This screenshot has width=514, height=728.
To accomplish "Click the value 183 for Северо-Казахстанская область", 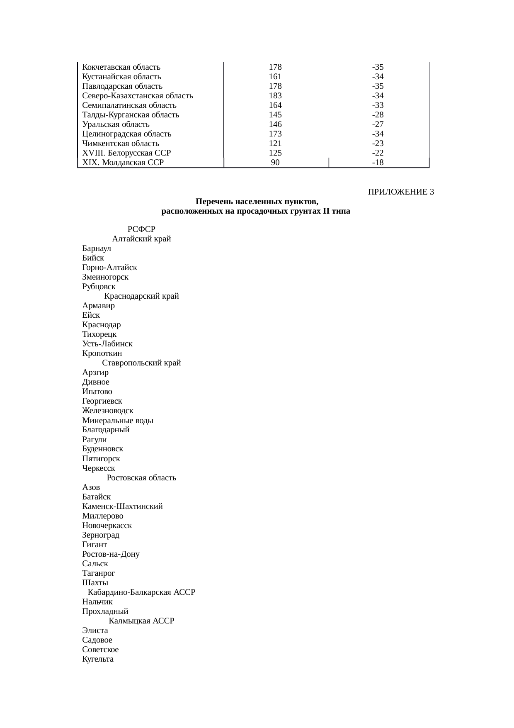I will click(x=275, y=96).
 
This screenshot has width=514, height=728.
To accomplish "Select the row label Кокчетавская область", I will click(x=121, y=67).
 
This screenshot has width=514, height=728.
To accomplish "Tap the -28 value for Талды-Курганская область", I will click(x=378, y=115).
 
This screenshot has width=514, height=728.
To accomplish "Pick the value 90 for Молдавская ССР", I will click(x=275, y=163).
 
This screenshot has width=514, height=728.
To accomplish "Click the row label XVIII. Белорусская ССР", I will click(x=126, y=153).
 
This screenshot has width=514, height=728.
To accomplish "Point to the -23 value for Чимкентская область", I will click(x=378, y=144).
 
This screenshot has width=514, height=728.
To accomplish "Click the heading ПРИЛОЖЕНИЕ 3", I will click(x=400, y=192).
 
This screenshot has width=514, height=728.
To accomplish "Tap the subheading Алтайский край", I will click(x=141, y=239).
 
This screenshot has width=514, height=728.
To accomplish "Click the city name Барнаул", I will click(x=97, y=249).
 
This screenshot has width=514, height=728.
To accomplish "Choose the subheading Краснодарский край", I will click(x=141, y=297).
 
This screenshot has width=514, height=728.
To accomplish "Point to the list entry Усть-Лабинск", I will click(x=107, y=344).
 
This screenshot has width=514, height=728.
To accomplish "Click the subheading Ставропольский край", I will click(x=141, y=363).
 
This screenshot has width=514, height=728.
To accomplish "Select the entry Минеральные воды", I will click(x=118, y=421).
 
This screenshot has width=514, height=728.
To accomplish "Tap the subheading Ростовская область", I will click(x=141, y=478).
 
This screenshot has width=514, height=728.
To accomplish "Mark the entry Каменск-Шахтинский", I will click(x=122, y=506).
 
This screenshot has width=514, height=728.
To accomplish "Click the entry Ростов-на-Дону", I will click(x=111, y=554).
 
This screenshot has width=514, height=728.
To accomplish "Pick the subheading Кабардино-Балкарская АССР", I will click(x=141, y=592).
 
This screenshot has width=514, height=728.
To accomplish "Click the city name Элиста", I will click(x=95, y=631).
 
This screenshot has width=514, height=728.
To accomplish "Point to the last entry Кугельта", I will click(x=98, y=659).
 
